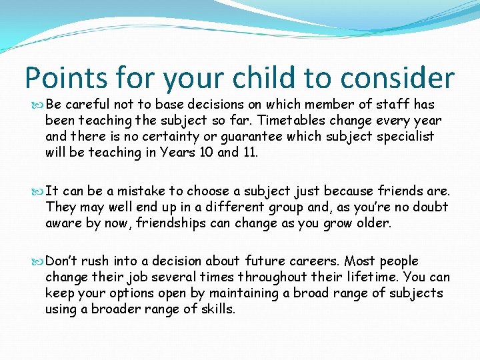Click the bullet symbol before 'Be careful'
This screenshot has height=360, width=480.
pos(38,105)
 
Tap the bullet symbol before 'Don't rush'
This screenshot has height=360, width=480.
pos(38,261)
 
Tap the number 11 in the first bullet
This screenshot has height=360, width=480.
pos(248,153)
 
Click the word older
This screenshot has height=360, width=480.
pos(372,223)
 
